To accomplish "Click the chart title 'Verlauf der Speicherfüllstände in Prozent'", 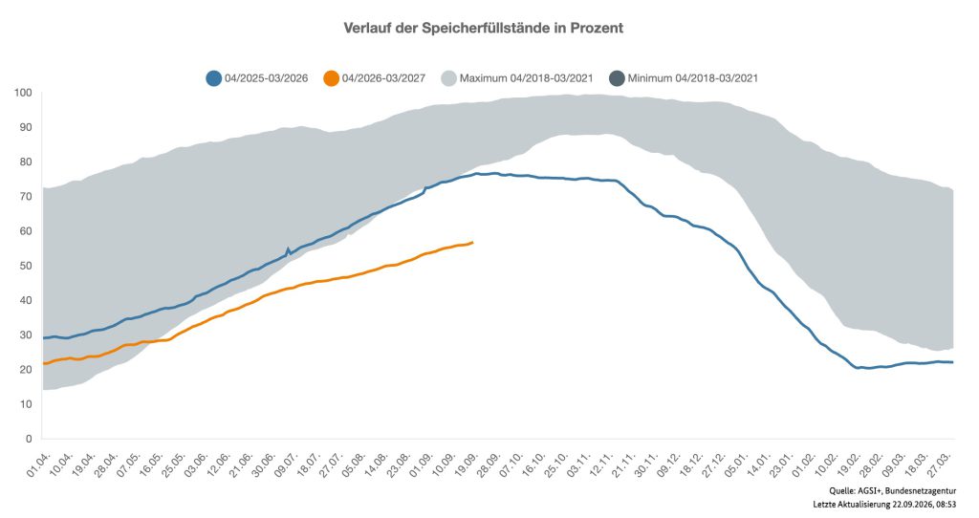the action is point(483,28).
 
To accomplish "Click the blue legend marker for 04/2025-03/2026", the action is point(213,78).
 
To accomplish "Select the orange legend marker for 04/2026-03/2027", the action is point(331,78).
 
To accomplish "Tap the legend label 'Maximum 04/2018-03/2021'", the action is point(527,78).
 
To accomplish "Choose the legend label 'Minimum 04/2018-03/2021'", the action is point(693,78).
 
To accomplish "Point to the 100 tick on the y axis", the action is point(23,93).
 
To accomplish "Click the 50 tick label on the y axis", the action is point(26,266).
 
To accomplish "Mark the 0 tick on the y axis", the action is point(29,439).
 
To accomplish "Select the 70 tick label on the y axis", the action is point(26,197).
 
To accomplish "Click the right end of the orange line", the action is point(472,242).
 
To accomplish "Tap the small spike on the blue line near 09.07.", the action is point(288,248).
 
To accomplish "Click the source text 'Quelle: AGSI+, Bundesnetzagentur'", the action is point(892,491).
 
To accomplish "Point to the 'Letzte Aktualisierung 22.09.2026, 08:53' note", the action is point(884,505).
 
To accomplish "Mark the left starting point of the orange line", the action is point(43,363).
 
